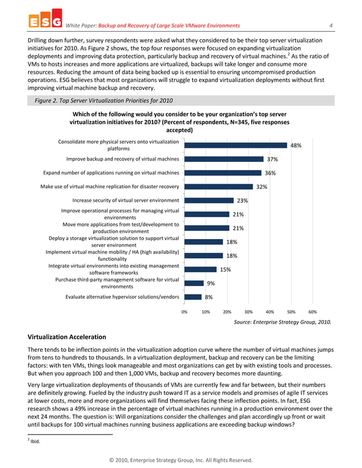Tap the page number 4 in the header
point(330,25)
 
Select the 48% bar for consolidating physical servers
point(235,145)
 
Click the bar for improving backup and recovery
point(224,159)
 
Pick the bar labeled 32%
point(218,186)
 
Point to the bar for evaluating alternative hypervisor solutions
point(193,296)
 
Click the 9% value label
point(211,283)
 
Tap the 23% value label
point(242,201)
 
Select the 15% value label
point(225,270)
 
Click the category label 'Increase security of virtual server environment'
point(125,200)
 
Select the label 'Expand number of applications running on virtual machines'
point(111,173)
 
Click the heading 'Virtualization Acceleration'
point(67,337)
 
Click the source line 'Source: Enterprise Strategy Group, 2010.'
point(283,322)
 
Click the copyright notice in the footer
point(181,460)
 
